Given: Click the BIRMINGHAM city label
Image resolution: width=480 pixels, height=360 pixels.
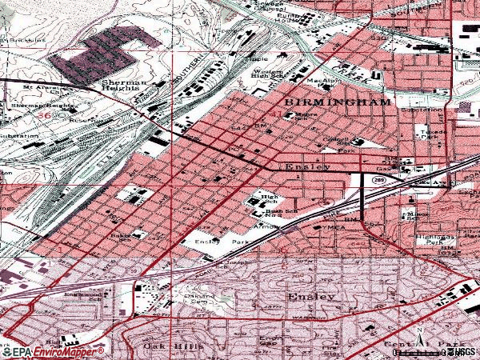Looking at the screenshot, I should (x=336, y=103).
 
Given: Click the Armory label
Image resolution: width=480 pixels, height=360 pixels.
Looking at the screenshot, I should (x=267, y=226).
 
